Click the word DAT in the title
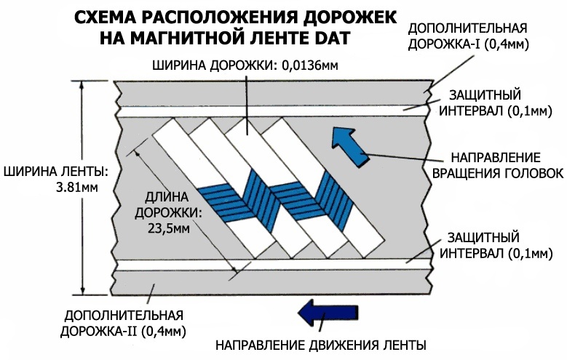coord(331,38)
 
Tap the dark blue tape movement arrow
coord(328,312)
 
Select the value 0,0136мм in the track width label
coord(309,65)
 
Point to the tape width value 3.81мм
coord(77,188)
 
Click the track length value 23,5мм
coord(169,228)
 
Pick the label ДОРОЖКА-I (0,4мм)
coord(469,44)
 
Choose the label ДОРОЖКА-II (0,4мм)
coord(123,331)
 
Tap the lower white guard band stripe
coord(274,265)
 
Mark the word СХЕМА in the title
coord(99,17)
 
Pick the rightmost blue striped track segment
coord(334,201)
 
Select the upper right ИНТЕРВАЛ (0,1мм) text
coord(496,111)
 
